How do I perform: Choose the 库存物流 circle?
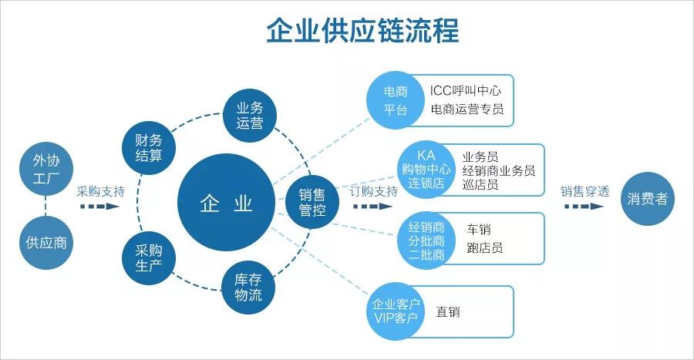[x=249, y=286]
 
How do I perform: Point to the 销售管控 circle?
[x=312, y=202]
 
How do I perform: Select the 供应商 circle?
[x=45, y=242]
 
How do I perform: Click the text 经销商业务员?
[x=498, y=170]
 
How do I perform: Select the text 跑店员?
[x=485, y=248]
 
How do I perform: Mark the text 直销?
[x=448, y=311]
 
